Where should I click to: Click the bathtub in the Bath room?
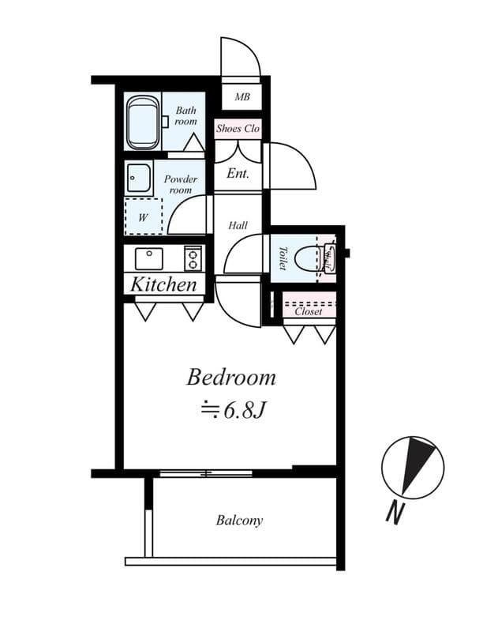coord(143,122)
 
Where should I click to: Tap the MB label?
coord(242,98)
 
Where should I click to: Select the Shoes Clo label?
coord(238,128)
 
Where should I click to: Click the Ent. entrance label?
coord(238,173)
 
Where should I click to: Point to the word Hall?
coord(238,225)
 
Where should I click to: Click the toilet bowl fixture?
coord(328,258)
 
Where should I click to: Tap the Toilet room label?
coord(283,258)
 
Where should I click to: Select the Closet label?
coord(308,311)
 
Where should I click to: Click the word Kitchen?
coord(163,284)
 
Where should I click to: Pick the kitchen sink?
coord(148,258)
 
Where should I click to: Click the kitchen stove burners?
coord(193,258)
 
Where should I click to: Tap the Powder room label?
coord(181,185)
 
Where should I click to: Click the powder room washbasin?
coord(139,179)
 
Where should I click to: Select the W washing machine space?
coord(143,216)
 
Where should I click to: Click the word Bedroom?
coord(231,377)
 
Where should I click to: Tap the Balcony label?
coord(239,521)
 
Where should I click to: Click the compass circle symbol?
coord(412,467)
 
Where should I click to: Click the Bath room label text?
coord(186,116)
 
